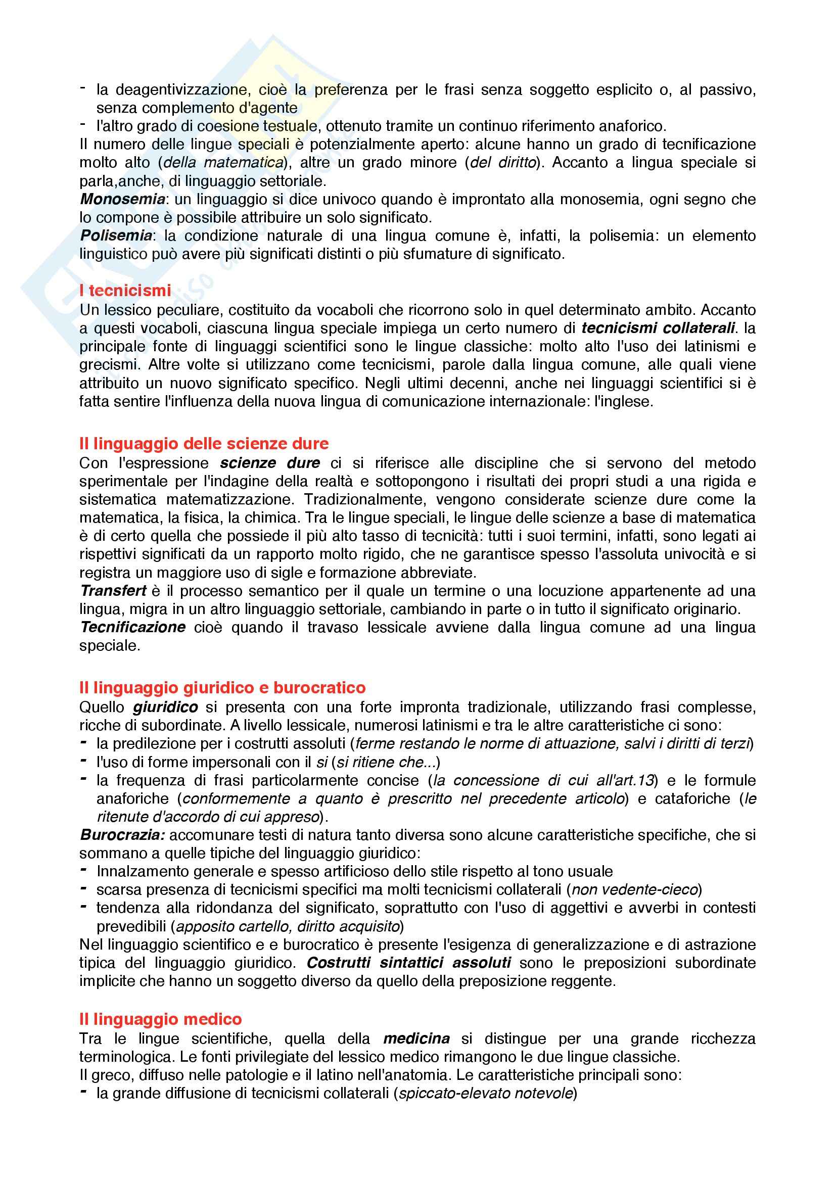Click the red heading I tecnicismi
click(125, 291)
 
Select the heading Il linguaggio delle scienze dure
click(204, 443)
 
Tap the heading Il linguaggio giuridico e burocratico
click(222, 687)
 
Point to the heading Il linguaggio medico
click(161, 1019)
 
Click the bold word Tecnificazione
click(133, 627)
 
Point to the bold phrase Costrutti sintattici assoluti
click(409, 962)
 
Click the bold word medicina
click(416, 1038)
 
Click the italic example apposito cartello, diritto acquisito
click(288, 926)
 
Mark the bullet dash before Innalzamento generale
click(83, 871)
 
